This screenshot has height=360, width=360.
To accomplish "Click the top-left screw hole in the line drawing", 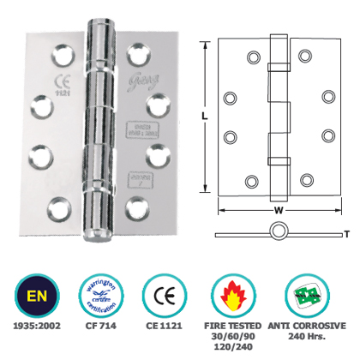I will click(253, 57).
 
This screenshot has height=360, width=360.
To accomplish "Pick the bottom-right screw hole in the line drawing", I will click(306, 180).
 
